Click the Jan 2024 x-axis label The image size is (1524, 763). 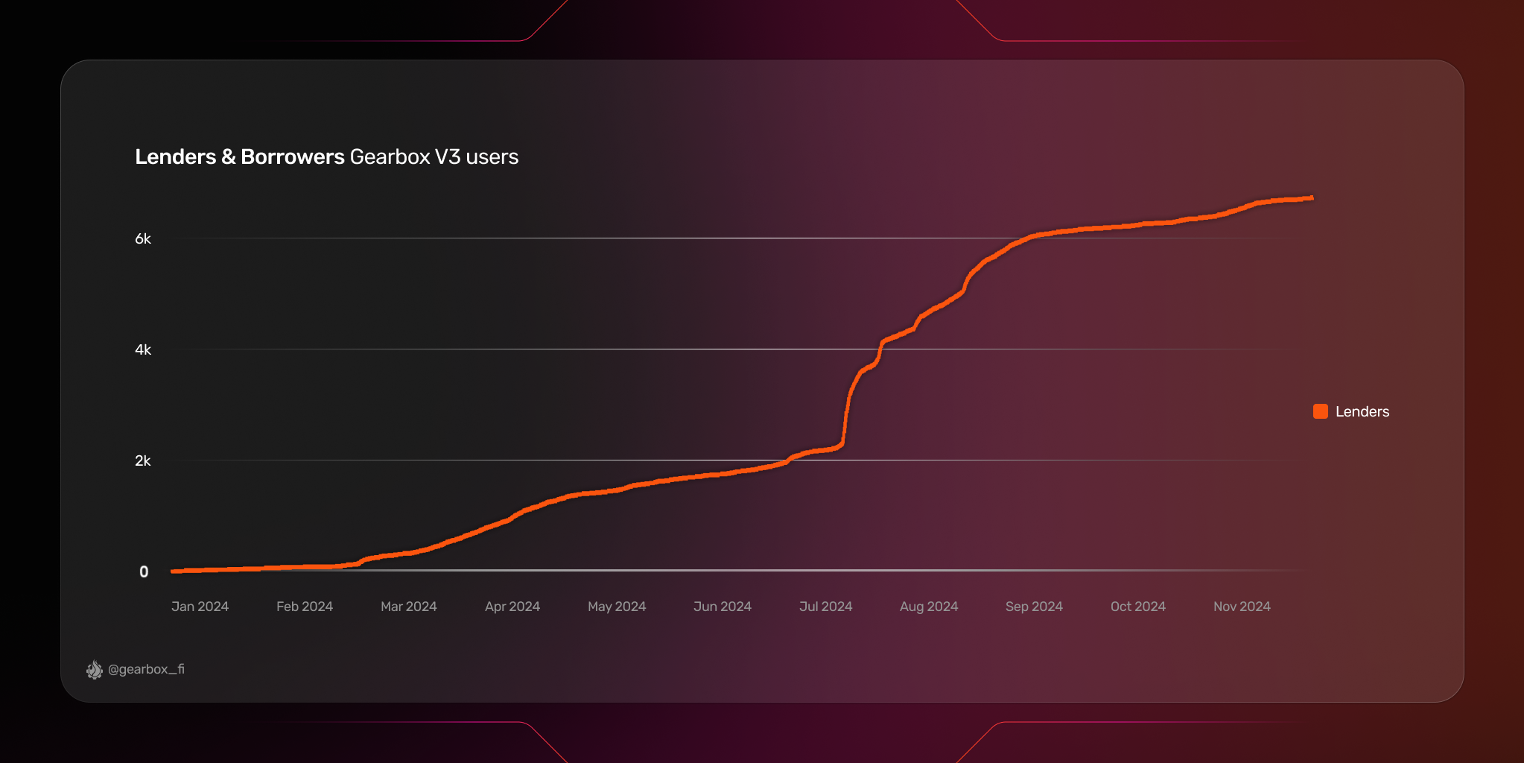click(200, 607)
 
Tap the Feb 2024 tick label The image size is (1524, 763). click(304, 607)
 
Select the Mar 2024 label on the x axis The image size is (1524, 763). click(408, 607)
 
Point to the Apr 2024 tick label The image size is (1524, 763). click(512, 607)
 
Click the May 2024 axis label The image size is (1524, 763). click(616, 607)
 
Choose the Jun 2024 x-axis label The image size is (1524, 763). click(722, 607)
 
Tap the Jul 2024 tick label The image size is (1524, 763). click(825, 607)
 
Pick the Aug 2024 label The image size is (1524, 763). click(929, 607)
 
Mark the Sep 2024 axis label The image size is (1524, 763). click(1034, 607)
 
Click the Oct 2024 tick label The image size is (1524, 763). click(1137, 607)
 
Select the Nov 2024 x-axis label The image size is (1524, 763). click(1242, 607)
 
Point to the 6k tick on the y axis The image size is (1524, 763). click(142, 239)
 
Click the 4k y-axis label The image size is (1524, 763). click(142, 350)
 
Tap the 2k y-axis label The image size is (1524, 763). click(142, 461)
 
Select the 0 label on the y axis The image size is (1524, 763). click(144, 572)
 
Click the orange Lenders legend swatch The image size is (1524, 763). click(1320, 411)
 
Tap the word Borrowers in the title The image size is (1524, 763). click(292, 157)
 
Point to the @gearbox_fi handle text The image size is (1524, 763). click(146, 669)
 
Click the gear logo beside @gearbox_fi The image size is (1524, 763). click(95, 670)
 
